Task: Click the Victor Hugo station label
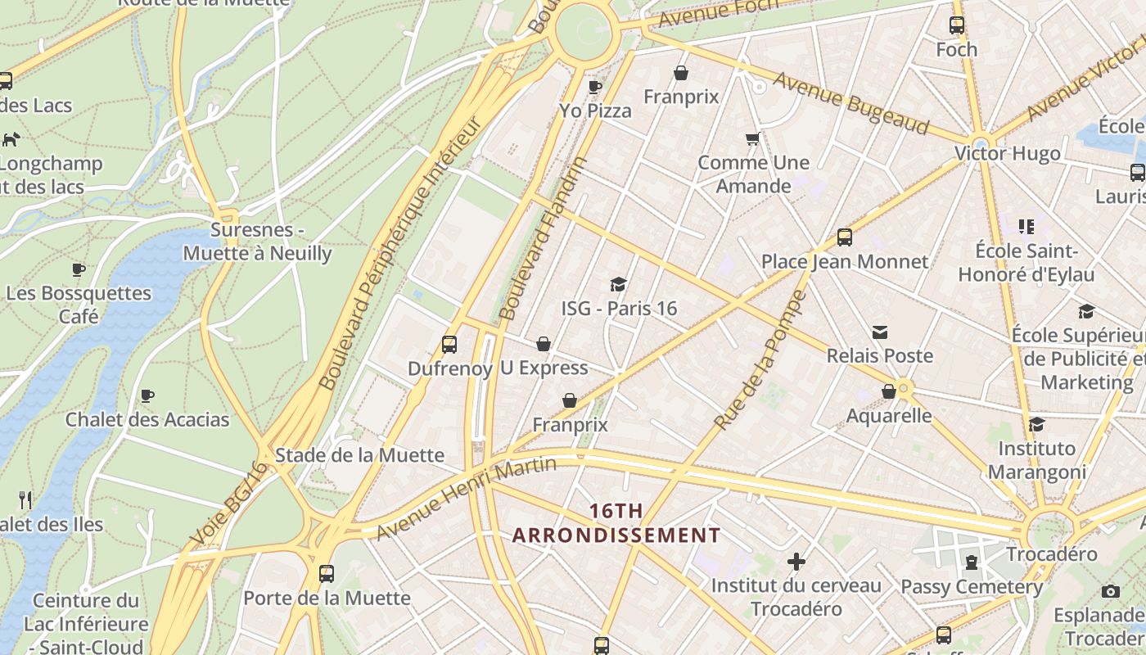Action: tap(1007, 154)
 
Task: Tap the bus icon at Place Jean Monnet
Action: tap(844, 238)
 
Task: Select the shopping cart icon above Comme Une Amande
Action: tap(752, 138)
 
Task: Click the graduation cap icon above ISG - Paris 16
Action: tap(618, 284)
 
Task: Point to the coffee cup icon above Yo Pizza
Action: tap(595, 86)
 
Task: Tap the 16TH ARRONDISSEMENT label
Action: tap(616, 523)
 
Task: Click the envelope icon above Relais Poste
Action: tap(879, 332)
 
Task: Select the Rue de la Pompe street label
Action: tap(760, 360)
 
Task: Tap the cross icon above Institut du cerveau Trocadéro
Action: tap(796, 562)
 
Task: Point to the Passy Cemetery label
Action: tap(972, 587)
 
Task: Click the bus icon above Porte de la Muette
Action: tap(327, 573)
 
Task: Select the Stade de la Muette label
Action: tap(359, 455)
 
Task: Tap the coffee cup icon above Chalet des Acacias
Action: tap(147, 395)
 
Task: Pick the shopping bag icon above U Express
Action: tap(544, 344)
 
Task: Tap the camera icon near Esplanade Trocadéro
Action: tap(1110, 591)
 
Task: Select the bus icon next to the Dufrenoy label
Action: tap(449, 344)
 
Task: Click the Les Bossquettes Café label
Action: tap(79, 304)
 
